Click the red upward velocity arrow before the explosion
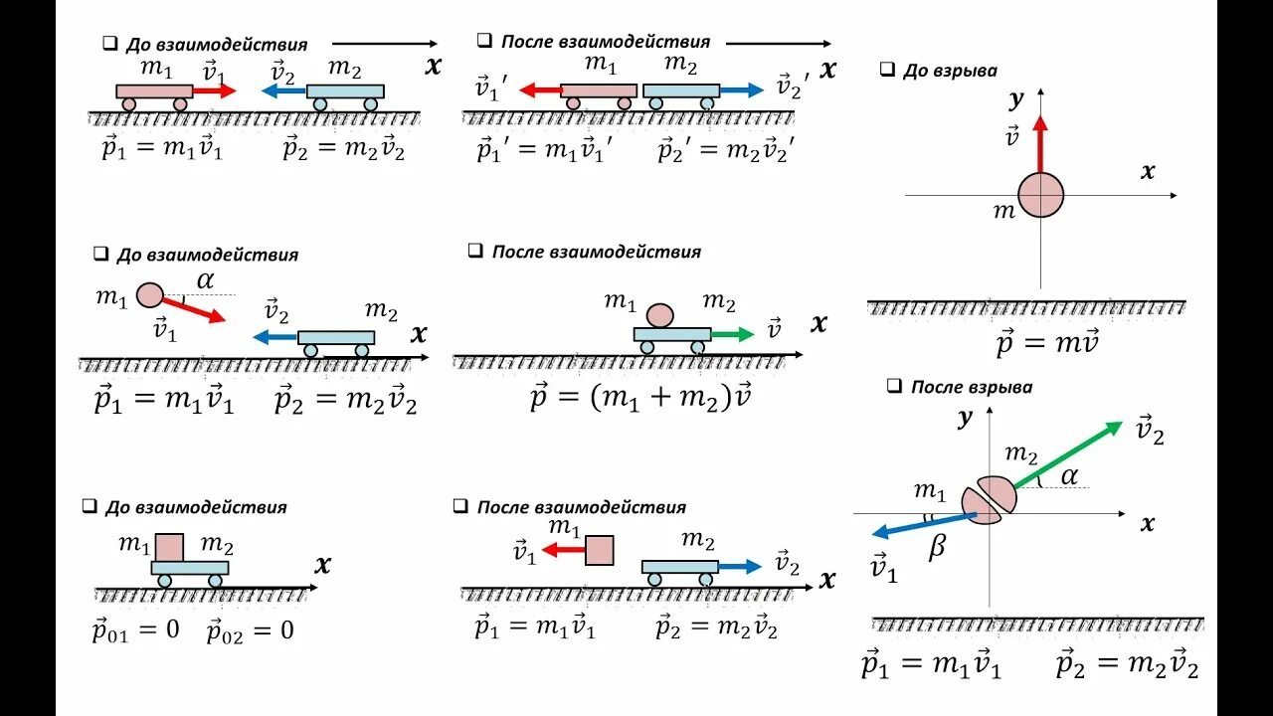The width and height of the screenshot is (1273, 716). click(1040, 144)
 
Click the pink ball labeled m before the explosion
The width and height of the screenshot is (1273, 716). click(1040, 195)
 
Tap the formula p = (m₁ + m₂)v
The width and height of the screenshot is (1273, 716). click(639, 399)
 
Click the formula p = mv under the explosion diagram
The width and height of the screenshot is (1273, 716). click(1046, 344)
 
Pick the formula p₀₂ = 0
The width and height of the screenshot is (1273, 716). click(251, 630)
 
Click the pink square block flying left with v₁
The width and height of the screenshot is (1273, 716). click(599, 550)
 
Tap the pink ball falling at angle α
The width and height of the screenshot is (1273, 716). click(149, 294)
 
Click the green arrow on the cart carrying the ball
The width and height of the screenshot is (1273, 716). click(733, 335)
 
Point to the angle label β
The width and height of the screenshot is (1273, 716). click(937, 548)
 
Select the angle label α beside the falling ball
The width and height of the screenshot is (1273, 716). click(205, 280)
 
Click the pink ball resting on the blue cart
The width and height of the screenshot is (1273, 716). click(660, 315)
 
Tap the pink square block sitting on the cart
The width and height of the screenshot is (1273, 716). click(170, 547)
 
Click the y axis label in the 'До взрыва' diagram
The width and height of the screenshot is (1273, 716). click(1015, 98)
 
